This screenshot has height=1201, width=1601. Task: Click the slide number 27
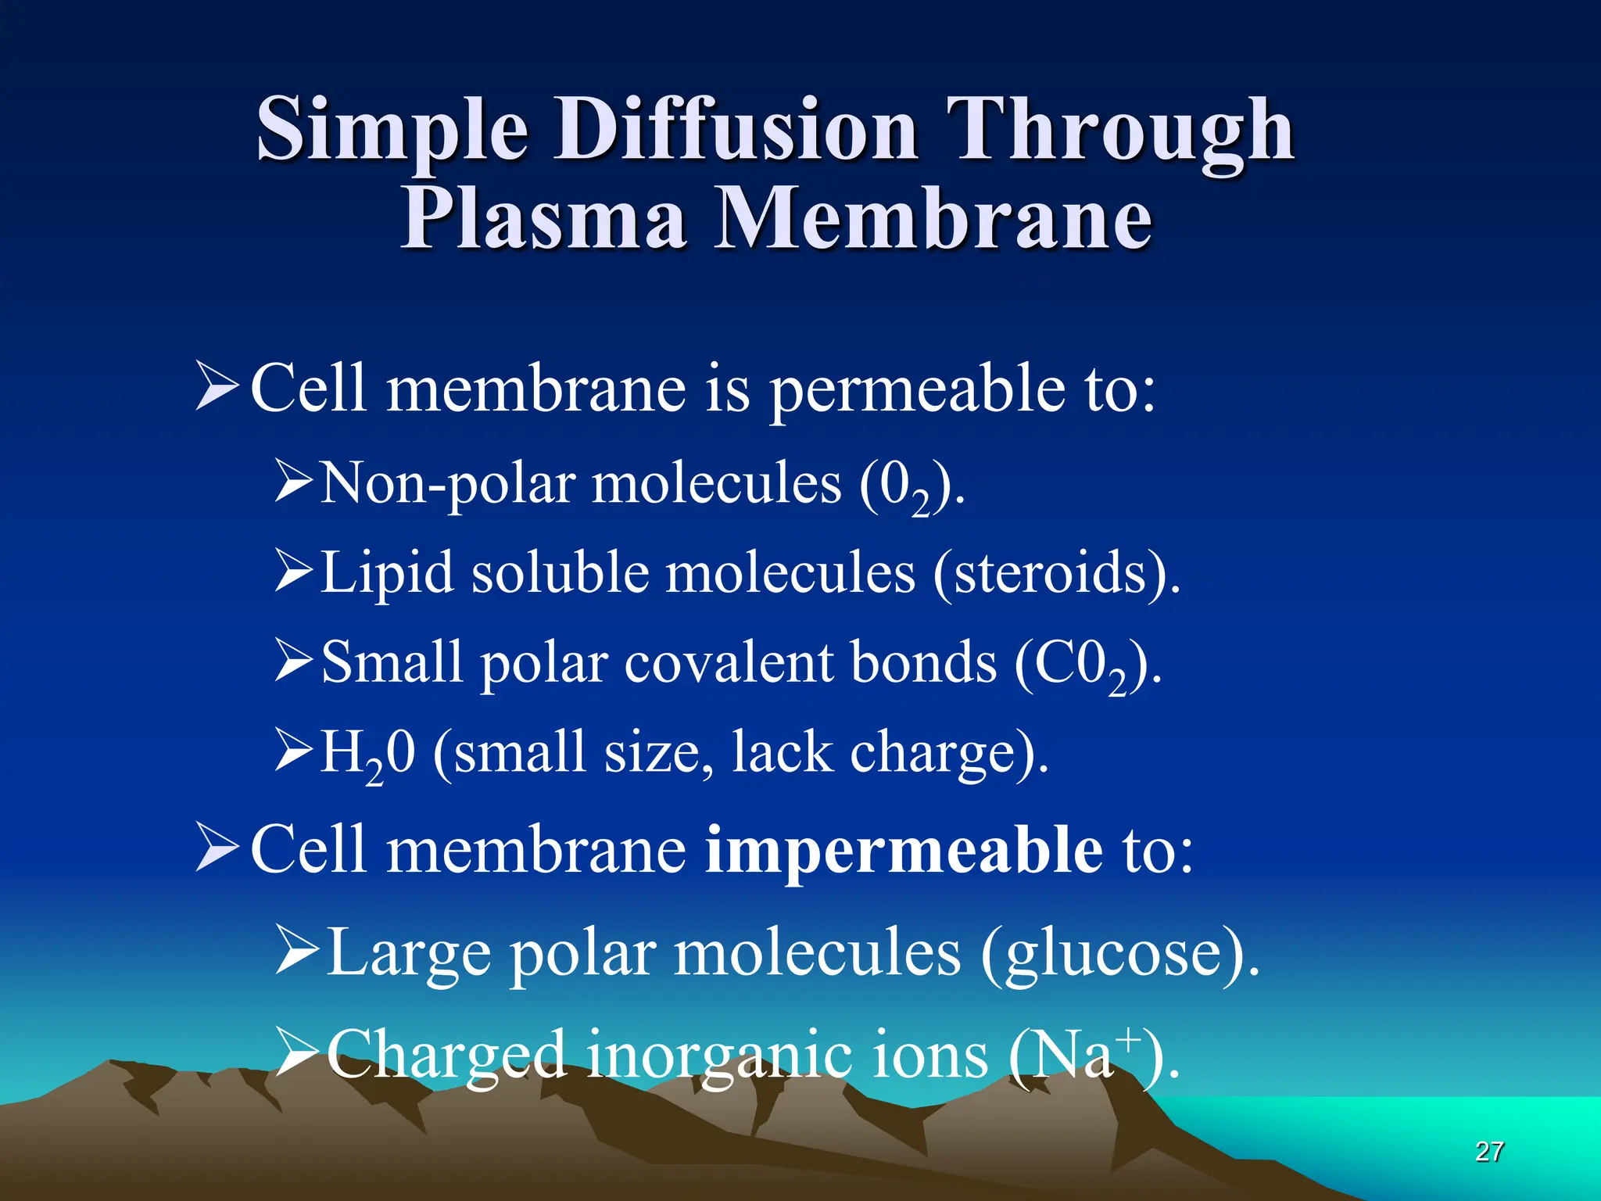[1488, 1151]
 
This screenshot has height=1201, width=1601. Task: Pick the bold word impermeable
[903, 851]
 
